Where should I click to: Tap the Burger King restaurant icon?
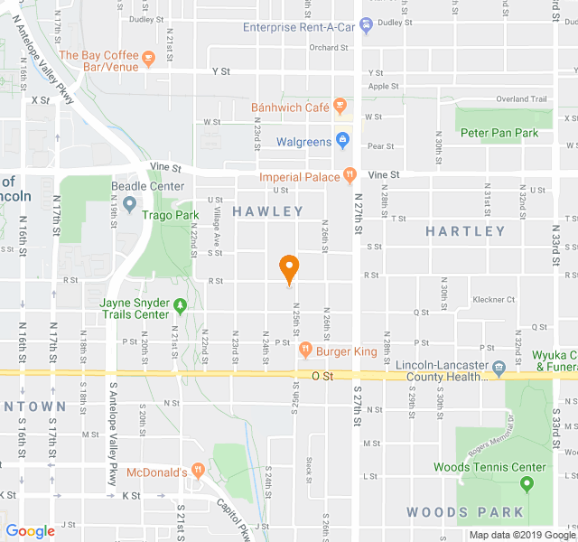[305, 350]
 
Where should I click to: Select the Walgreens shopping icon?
[342, 141]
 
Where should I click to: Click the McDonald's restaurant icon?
[198, 471]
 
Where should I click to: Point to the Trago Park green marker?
[129, 204]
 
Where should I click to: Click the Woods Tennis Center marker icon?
[527, 485]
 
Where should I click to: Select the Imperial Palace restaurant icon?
[349, 175]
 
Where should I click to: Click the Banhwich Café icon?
[340, 107]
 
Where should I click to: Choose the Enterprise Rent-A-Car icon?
[365, 26]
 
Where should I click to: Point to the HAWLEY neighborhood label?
[268, 211]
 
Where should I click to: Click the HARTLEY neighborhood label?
[465, 231]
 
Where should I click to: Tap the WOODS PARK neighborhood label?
[465, 512]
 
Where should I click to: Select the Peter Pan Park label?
[499, 133]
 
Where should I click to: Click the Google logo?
[31, 530]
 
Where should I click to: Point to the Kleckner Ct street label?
[493, 299]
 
